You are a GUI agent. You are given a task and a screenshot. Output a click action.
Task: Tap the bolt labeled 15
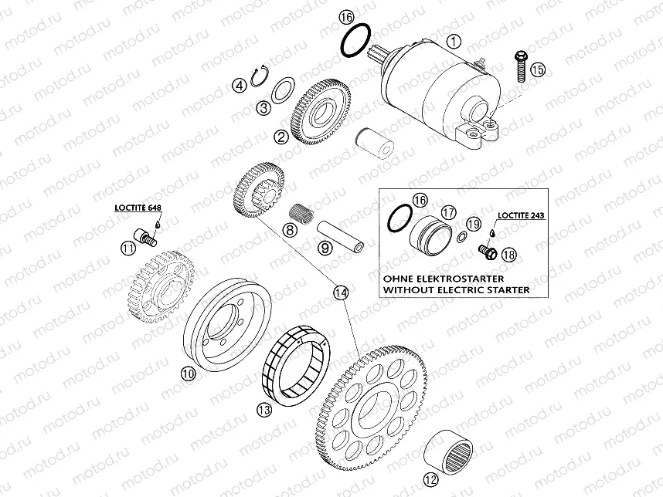[x=519, y=66]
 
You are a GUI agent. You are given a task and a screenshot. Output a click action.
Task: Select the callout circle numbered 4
[x=240, y=85]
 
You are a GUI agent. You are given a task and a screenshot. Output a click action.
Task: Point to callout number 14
[x=341, y=292]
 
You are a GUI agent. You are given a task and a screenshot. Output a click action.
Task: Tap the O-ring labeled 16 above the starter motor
[x=355, y=39]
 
